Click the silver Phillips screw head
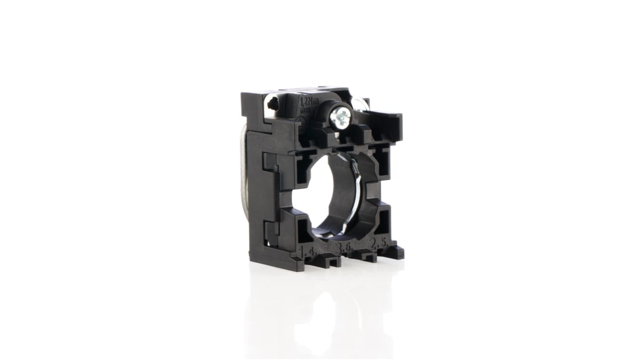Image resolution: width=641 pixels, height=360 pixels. [x=339, y=118]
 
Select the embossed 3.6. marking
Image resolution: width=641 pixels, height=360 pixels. [x=343, y=248]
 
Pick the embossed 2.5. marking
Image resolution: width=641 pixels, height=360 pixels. [x=378, y=244]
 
